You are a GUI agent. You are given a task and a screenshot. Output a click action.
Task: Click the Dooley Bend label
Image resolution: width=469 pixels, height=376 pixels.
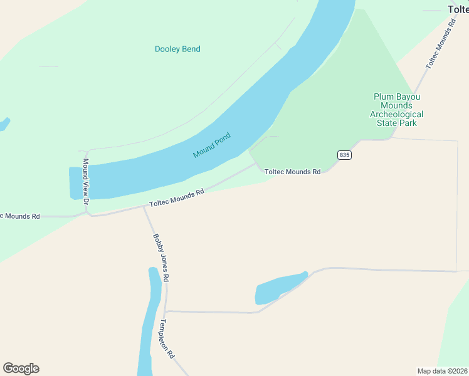click(x=177, y=49)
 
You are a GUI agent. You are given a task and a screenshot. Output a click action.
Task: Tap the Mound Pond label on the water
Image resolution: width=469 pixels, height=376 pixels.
click(x=212, y=145)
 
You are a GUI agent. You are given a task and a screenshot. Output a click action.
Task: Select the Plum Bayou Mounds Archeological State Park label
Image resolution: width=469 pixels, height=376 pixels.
click(x=396, y=110)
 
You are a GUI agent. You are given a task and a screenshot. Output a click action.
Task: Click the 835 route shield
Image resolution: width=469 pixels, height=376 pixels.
click(x=344, y=155)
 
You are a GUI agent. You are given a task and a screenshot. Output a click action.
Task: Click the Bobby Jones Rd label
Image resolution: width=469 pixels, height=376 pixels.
click(x=161, y=257)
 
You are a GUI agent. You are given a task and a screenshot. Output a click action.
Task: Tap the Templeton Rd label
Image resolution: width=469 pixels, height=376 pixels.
click(x=167, y=338)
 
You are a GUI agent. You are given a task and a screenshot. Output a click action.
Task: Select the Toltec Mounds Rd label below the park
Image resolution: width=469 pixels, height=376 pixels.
click(x=292, y=171)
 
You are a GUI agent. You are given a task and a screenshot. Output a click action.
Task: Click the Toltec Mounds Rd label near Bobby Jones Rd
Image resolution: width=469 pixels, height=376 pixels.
click(x=177, y=199)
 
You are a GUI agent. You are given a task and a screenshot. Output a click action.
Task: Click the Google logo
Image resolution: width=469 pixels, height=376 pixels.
click(x=21, y=368)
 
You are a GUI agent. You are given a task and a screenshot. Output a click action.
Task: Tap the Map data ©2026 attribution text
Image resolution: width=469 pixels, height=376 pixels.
click(x=442, y=370)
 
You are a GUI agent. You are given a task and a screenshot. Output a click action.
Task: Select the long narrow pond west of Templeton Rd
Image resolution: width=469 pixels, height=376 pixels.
click(x=149, y=320)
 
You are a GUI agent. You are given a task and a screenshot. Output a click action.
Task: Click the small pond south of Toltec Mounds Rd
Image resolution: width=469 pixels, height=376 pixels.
click(x=279, y=288)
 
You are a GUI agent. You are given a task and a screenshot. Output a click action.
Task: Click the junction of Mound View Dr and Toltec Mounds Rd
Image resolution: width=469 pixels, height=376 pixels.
click(x=89, y=213)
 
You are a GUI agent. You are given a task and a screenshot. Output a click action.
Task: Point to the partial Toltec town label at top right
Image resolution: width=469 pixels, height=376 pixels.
click(x=458, y=9)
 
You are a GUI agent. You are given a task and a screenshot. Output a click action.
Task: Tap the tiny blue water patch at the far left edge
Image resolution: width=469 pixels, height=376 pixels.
click(x=4, y=123)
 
